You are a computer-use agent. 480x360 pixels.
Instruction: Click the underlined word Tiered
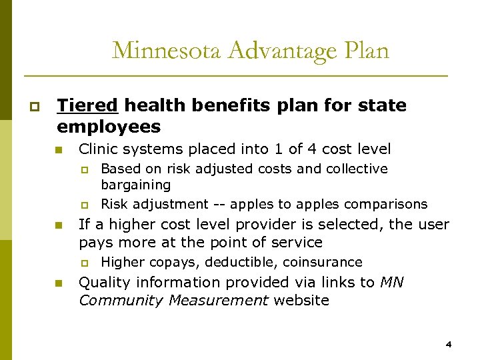tap(87, 105)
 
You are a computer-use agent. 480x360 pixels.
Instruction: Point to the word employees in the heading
tap(109, 127)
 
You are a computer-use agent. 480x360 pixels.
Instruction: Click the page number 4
tap(449, 345)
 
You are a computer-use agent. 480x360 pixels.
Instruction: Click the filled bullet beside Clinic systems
tap(59, 150)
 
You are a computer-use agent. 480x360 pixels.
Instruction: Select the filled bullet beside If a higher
tap(59, 225)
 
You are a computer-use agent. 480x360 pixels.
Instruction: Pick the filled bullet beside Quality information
tap(59, 283)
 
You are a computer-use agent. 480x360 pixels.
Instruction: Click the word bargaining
tap(135, 185)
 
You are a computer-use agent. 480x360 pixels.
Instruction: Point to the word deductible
tap(217, 262)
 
